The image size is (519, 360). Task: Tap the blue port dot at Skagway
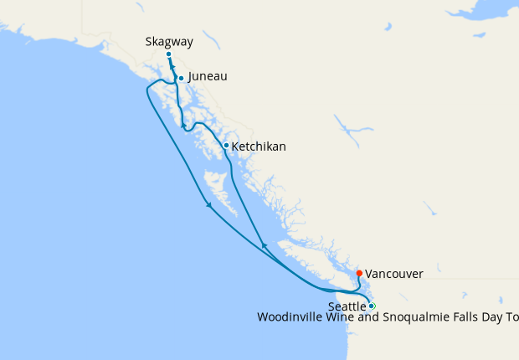pyautogui.click(x=168, y=54)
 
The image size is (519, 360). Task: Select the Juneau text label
pyautogui.click(x=208, y=76)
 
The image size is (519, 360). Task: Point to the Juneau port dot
pyautogui.click(x=181, y=79)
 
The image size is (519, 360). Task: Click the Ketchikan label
pyautogui.click(x=258, y=147)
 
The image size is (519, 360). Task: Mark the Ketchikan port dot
pyautogui.click(x=226, y=146)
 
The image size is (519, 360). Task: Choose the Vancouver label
pyautogui.click(x=394, y=274)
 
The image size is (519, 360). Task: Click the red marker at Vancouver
pyautogui.click(x=359, y=273)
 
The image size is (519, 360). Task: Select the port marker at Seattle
pyautogui.click(x=373, y=306)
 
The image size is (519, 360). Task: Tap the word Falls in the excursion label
pyautogui.click(x=463, y=317)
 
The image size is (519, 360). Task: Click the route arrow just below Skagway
pyautogui.click(x=172, y=69)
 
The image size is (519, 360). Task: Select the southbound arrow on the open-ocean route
pyautogui.click(x=208, y=204)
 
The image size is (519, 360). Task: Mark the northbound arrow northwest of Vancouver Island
pyautogui.click(x=264, y=244)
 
